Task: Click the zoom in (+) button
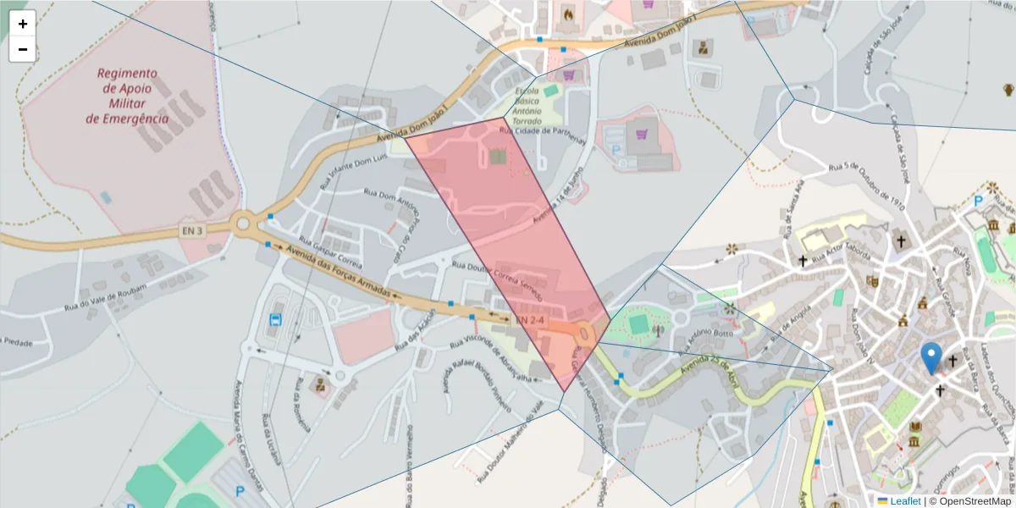23,24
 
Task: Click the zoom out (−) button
23,49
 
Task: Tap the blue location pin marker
931,359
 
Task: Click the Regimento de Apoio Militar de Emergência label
127,96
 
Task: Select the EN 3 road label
192,230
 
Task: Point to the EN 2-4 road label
531,320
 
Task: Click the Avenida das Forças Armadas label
338,271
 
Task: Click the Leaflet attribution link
904,501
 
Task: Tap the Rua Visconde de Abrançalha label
492,362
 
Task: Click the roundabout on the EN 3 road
245,225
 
